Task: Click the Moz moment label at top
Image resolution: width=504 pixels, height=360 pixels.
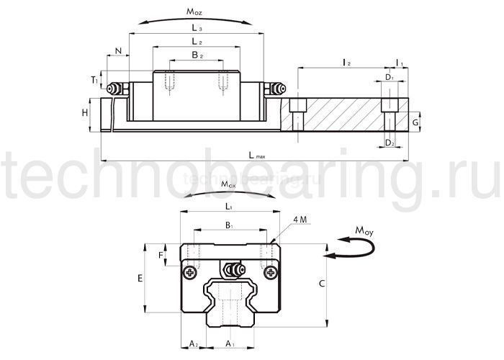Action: [197, 12]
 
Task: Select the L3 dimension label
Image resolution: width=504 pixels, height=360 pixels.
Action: [197, 28]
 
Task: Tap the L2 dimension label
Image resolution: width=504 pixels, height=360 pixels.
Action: [197, 43]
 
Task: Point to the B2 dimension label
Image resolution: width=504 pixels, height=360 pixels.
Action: [197, 55]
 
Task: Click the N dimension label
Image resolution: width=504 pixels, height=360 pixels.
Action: [117, 52]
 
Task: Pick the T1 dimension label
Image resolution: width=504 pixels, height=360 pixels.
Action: [95, 81]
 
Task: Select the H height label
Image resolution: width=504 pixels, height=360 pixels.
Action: [85, 113]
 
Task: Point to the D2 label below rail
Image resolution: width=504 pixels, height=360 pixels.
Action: [389, 144]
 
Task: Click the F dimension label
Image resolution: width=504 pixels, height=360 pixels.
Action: [161, 255]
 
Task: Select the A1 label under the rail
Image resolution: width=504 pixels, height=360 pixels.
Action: [230, 345]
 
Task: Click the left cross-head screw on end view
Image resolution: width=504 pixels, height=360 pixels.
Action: [191, 272]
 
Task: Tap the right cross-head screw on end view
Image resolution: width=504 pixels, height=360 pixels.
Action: [270, 272]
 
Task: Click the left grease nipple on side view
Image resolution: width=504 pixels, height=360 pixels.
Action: [114, 89]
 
